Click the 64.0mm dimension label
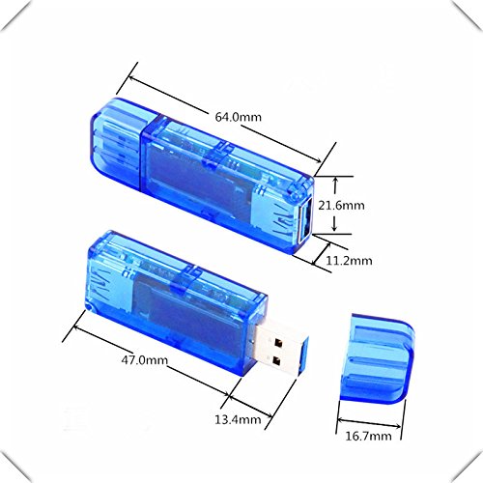pos(239,117)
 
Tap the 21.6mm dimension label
pos(341,205)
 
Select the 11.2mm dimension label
pos(349,260)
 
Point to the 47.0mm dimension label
pos(145,359)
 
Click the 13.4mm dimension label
pos(238,419)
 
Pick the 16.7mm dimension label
pos(368,436)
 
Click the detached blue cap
pos(378,358)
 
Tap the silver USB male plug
pos(279,349)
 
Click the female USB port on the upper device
pos(305,220)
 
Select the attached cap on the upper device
pos(117,145)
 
